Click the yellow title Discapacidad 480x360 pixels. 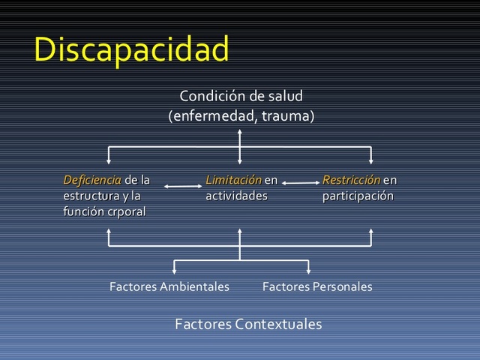(131, 50)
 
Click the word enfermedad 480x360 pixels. (208, 116)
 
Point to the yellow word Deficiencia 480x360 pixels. (92, 180)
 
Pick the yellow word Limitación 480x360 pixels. (233, 180)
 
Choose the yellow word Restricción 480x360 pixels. (351, 180)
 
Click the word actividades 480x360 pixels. (236, 196)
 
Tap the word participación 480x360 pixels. (358, 196)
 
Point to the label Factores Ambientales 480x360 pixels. (169, 286)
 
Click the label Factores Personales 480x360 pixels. (317, 286)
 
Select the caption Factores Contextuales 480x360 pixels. (248, 324)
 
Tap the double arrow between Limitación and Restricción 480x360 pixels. (300, 182)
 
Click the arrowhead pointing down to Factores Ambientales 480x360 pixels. (175, 271)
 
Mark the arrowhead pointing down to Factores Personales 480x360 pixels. (308, 271)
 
